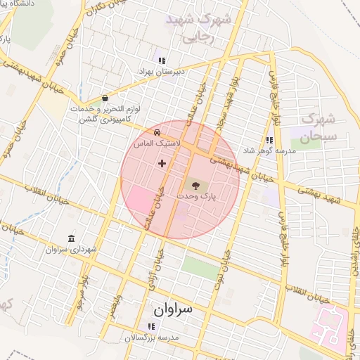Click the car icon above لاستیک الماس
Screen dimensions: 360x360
click(157, 131)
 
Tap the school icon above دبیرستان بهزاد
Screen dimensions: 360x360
click(162, 60)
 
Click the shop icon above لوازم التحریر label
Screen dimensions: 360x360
click(105, 98)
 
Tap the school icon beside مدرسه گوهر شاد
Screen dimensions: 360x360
click(269, 140)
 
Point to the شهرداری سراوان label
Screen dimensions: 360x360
click(67, 250)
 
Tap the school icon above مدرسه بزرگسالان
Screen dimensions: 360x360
click(150, 326)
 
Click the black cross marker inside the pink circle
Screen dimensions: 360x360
click(162, 163)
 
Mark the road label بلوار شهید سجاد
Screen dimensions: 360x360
click(227, 106)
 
